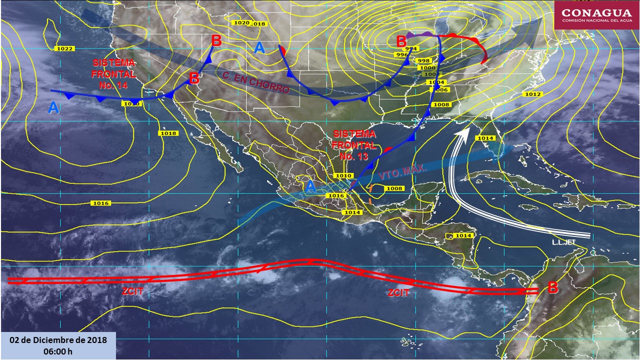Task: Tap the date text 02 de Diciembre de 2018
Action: pyautogui.click(x=58, y=340)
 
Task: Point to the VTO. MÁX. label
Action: pyautogui.click(x=402, y=173)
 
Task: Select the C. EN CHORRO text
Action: pyautogui.click(x=255, y=83)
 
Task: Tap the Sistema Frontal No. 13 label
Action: pyautogui.click(x=354, y=145)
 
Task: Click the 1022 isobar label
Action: pyautogui.click(x=64, y=48)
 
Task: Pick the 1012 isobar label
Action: pyautogui.click(x=533, y=94)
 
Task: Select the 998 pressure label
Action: pyautogui.click(x=423, y=60)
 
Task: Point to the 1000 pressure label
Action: pyautogui.click(x=427, y=67)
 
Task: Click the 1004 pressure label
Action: pyautogui.click(x=436, y=82)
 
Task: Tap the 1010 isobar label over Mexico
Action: pyautogui.click(x=343, y=175)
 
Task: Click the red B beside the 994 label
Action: pyautogui.click(x=401, y=41)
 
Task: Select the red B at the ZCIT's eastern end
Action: pyautogui.click(x=552, y=288)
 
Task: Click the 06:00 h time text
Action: pyautogui.click(x=58, y=351)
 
